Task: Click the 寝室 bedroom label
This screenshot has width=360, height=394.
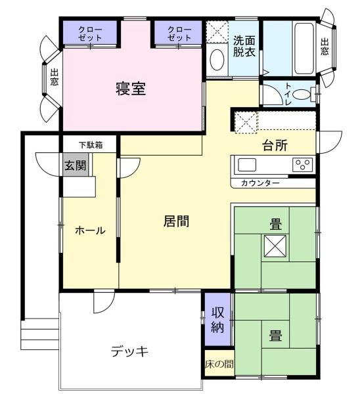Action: pyautogui.click(x=131, y=89)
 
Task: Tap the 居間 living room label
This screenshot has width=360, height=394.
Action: pyautogui.click(x=176, y=221)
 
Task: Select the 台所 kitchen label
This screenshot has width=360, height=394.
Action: pyautogui.click(x=275, y=145)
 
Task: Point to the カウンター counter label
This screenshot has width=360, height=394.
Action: pyautogui.click(x=260, y=183)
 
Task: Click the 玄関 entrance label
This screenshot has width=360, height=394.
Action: pyautogui.click(x=75, y=165)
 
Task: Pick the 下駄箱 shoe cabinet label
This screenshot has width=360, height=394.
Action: pyautogui.click(x=91, y=145)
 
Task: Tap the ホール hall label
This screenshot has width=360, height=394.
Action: pyautogui.click(x=90, y=230)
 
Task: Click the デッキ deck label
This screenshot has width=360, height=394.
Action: pyautogui.click(x=129, y=351)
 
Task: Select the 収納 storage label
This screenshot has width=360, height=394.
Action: pyautogui.click(x=217, y=320)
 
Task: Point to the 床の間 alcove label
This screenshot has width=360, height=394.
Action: pyautogui.click(x=219, y=364)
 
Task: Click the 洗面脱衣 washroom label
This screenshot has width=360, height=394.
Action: pyautogui.click(x=244, y=46)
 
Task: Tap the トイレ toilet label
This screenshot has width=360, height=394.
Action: pyautogui.click(x=288, y=94)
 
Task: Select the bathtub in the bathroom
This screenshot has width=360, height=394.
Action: pyautogui.click(x=304, y=49)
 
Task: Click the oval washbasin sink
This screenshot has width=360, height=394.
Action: pyautogui.click(x=217, y=60)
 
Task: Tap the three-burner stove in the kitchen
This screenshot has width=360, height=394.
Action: pyautogui.click(x=302, y=165)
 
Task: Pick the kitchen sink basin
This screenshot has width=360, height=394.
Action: pyautogui.click(x=247, y=165)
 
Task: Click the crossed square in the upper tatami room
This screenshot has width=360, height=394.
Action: pyautogui.click(x=275, y=246)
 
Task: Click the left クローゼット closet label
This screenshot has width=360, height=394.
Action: pyautogui.click(x=90, y=33)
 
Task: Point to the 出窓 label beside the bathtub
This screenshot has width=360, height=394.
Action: pyautogui.click(x=325, y=47)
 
